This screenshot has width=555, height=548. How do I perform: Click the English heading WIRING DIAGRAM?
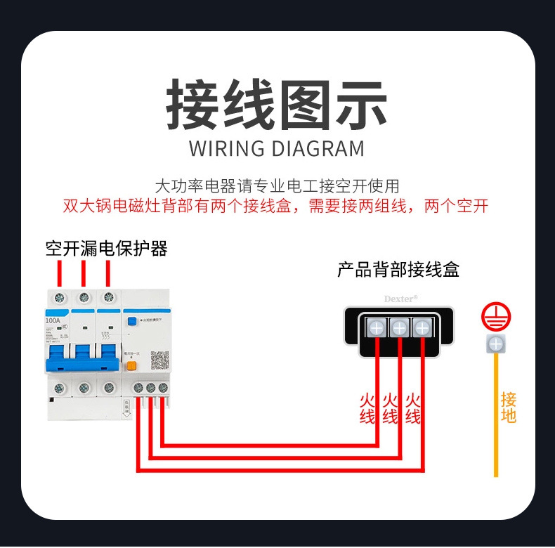[x=277, y=149]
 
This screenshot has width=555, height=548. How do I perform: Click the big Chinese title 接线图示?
[x=277, y=105]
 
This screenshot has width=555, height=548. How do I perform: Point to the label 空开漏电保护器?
[x=106, y=249]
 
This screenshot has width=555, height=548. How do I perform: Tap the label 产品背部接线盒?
[x=398, y=270]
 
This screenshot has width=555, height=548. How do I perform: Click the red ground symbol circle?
[x=495, y=318]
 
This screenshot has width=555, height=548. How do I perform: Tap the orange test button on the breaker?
[x=131, y=365]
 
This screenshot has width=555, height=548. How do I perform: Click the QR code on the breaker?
[x=161, y=361]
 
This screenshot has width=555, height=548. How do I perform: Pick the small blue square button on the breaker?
[x=131, y=321]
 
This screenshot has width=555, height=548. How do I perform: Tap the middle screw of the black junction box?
[x=399, y=327]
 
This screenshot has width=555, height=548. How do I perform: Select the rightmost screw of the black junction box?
[x=422, y=327]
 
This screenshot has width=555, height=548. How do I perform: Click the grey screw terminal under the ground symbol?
[x=495, y=344]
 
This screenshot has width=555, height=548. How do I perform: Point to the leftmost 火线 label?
[x=367, y=408]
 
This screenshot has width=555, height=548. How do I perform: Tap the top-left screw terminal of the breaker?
[x=60, y=297]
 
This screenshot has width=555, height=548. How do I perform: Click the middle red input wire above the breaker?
[x=84, y=273]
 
